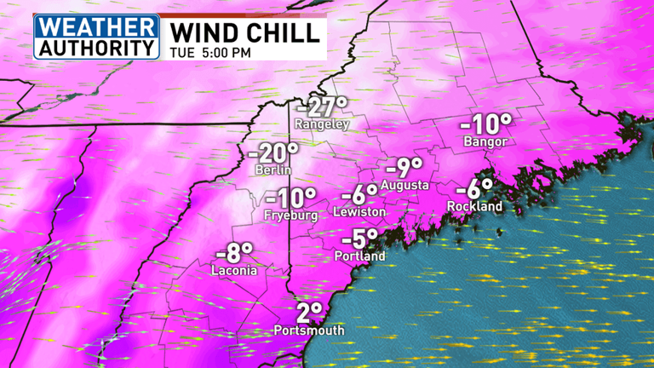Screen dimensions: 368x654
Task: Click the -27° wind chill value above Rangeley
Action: pos(322,108)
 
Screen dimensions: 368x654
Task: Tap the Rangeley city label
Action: pos(322,124)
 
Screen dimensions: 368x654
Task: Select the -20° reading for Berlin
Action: pos(274,154)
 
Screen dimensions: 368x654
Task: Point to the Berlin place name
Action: pos(274,170)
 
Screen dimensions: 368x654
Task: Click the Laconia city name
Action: pos(235,271)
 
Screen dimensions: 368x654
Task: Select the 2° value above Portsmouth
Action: pos(310,313)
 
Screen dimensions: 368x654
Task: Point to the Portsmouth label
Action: pos(309,331)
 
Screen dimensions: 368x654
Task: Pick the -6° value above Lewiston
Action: pos(359,195)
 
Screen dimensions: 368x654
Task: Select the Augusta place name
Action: pos(404,185)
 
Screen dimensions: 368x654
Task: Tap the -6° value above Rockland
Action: pos(475,190)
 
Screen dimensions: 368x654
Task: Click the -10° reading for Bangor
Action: pos(485,124)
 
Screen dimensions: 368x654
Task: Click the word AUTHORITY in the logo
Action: pos(96,46)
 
